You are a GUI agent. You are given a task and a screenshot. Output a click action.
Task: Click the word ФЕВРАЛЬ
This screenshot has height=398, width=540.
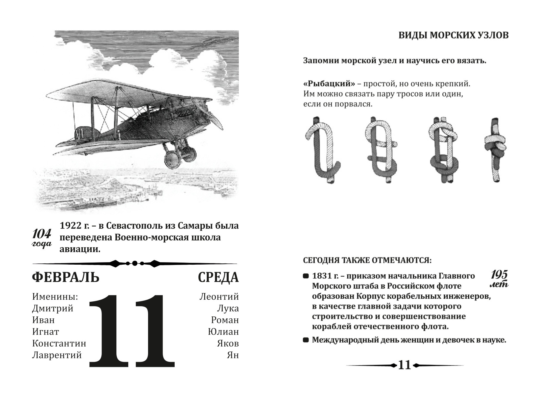pos(65,277)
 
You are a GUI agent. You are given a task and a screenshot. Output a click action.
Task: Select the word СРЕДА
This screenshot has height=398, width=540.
pos(218,277)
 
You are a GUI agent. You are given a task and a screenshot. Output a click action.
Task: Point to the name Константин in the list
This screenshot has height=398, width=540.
pos(59,343)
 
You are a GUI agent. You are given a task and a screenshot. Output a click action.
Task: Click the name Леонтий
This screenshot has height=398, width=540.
pos(219,297)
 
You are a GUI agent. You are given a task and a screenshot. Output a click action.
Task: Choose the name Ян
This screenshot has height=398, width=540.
pos(233,355)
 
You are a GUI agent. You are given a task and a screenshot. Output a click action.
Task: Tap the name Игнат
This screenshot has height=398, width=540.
pos(46,332)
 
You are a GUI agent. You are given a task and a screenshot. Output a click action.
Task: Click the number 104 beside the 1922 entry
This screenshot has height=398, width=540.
pos(41,234)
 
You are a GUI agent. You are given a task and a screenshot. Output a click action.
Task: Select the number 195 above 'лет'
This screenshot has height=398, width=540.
pos(499,275)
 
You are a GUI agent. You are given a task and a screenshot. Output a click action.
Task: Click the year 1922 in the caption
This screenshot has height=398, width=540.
pos(70,225)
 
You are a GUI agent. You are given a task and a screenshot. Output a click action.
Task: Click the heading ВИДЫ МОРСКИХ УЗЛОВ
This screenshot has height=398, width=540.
pos(453,35)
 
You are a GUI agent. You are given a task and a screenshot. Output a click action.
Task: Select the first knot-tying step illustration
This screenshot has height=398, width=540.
pos(323,150)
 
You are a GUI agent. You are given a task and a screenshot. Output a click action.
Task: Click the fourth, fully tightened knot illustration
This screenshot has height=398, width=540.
pos(495,150)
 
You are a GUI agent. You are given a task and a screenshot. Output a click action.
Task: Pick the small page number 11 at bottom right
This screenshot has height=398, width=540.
pos(405,365)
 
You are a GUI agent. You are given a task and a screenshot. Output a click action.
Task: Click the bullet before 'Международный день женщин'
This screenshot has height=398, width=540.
pos(306,340)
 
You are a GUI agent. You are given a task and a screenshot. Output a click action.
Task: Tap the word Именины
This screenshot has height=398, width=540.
pos(55,297)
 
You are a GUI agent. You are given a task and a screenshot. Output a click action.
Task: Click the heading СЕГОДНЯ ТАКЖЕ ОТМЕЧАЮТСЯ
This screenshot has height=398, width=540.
pos(367,260)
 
